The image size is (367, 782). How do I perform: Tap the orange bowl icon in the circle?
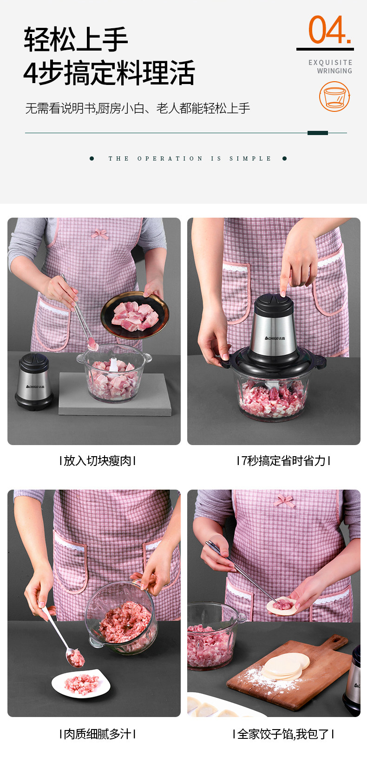tap(334, 97)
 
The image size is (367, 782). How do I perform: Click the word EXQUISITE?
tap(330, 63)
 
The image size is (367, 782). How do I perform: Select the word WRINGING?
tap(334, 71)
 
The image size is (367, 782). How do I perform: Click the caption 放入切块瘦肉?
tap(98, 461)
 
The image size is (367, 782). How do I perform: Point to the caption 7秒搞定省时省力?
tap(283, 461)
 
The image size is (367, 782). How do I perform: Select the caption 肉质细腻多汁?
tap(98, 734)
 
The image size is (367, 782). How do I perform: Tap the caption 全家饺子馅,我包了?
tap(283, 734)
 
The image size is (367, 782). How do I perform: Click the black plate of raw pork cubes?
tap(135, 315)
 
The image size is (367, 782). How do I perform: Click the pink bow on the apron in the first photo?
tap(100, 233)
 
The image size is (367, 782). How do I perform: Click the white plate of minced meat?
tap(81, 684)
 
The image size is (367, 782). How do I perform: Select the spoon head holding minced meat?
tap(75, 657)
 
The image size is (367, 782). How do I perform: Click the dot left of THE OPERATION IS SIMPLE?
tap(92, 159)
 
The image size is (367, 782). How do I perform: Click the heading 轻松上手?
tap(76, 39)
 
